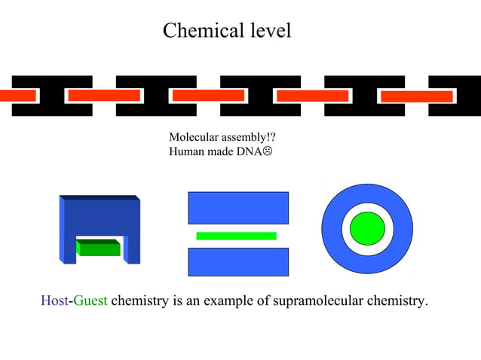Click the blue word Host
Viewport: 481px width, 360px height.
click(x=54, y=301)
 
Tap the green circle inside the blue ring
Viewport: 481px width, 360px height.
click(x=367, y=227)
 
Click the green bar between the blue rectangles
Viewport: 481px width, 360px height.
click(x=236, y=236)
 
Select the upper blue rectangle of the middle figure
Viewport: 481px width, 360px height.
click(x=237, y=208)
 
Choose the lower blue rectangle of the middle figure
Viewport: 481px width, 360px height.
click(x=237, y=261)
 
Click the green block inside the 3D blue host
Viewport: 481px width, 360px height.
click(x=99, y=248)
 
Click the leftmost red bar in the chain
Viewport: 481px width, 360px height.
click(x=17, y=96)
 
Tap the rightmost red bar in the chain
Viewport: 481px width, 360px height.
click(x=416, y=96)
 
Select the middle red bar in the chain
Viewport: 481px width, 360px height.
click(x=208, y=96)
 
